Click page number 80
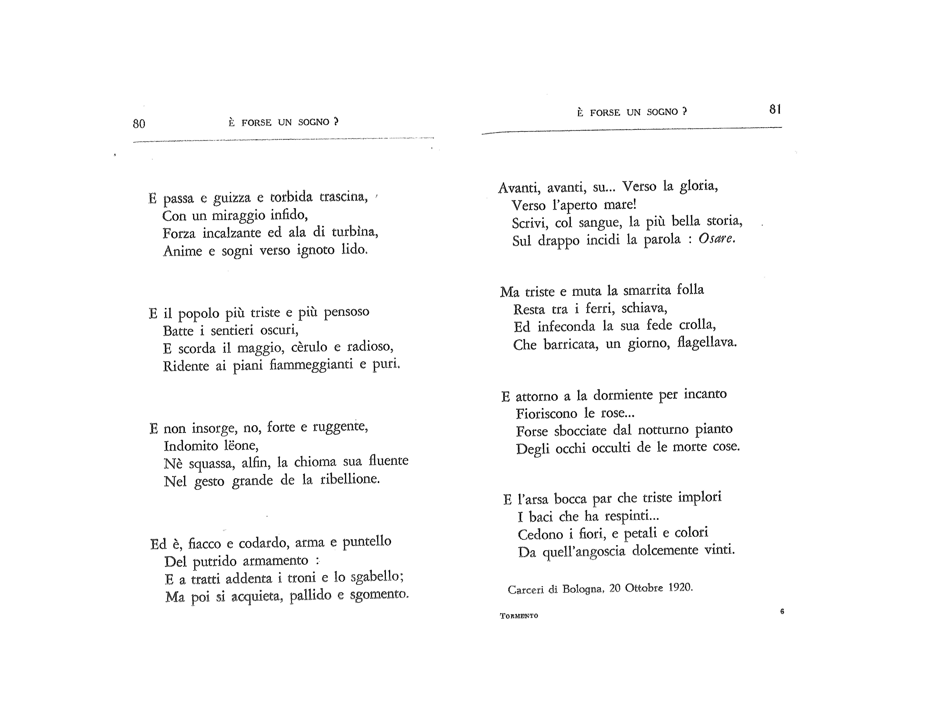139,124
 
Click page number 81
775,110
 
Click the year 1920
680,588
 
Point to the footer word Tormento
519,616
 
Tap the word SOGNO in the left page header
314,122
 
